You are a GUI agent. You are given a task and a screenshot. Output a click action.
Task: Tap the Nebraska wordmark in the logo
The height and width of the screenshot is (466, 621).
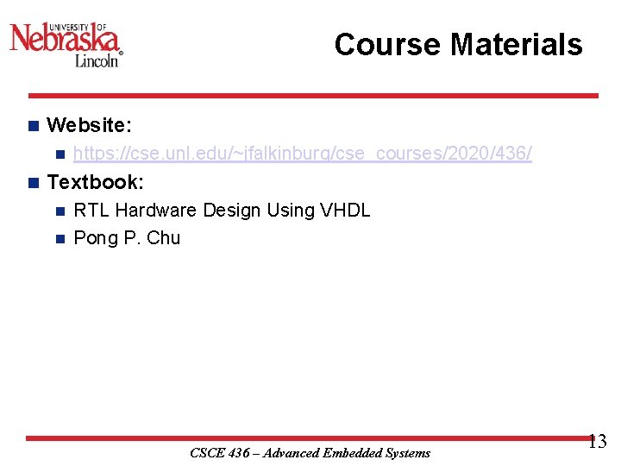pos(65,38)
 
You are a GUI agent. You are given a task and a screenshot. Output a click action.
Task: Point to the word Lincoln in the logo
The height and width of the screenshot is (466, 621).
pos(96,60)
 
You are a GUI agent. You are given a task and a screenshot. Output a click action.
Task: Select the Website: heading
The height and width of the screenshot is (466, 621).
pos(89,125)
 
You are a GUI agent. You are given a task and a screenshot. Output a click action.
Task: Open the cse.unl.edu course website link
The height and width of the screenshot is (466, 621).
pos(303,154)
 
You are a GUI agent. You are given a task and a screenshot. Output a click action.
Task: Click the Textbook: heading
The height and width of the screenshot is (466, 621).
pos(95,182)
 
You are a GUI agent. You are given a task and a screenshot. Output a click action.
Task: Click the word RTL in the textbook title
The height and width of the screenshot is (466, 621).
pos(91,210)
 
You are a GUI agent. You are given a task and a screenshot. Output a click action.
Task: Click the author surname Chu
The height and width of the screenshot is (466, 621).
pos(164,237)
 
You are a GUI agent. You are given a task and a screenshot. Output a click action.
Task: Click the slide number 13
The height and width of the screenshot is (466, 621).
pos(597,443)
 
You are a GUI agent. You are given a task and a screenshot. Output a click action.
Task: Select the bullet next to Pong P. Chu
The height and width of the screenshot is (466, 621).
pos(59,237)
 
